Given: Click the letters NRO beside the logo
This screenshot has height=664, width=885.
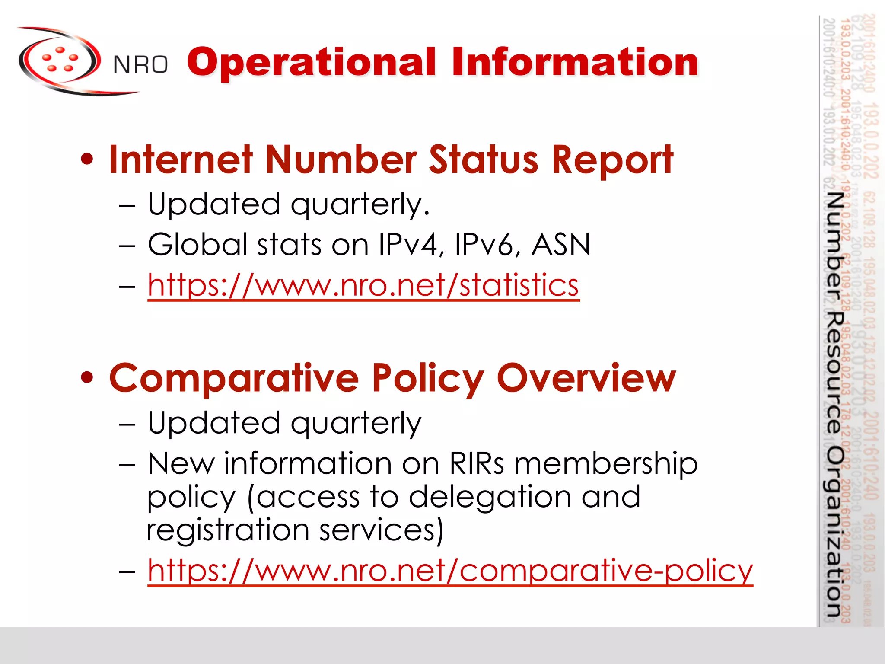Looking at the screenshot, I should pyautogui.click(x=140, y=65).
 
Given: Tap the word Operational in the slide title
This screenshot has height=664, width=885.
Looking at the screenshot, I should pyautogui.click(x=311, y=63).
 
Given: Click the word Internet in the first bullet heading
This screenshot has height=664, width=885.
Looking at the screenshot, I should pyautogui.click(x=181, y=160).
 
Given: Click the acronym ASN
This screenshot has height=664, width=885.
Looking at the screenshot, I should pyautogui.click(x=560, y=244).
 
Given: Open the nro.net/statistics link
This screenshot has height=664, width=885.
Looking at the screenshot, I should pyautogui.click(x=363, y=285).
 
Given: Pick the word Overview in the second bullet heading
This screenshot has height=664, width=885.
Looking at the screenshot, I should pyautogui.click(x=586, y=378).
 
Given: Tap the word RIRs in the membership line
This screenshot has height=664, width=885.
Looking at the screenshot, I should pyautogui.click(x=476, y=463).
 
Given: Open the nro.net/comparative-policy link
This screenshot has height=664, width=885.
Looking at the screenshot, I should pyautogui.click(x=450, y=571).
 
